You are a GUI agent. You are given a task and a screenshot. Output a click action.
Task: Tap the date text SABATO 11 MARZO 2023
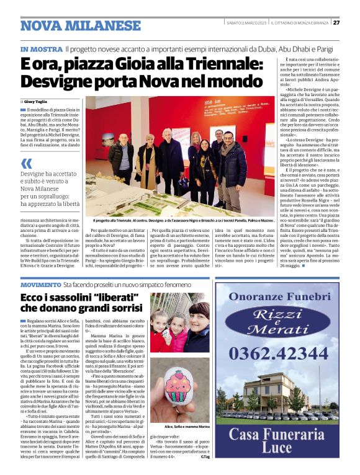click(246, 22)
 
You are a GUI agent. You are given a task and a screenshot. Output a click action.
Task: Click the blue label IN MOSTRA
click(41, 48)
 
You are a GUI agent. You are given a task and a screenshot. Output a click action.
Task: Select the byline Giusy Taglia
click(38, 100)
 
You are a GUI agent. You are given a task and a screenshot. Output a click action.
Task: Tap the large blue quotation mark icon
click(26, 164)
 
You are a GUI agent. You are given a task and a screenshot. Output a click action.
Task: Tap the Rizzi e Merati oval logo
click(287, 321)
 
